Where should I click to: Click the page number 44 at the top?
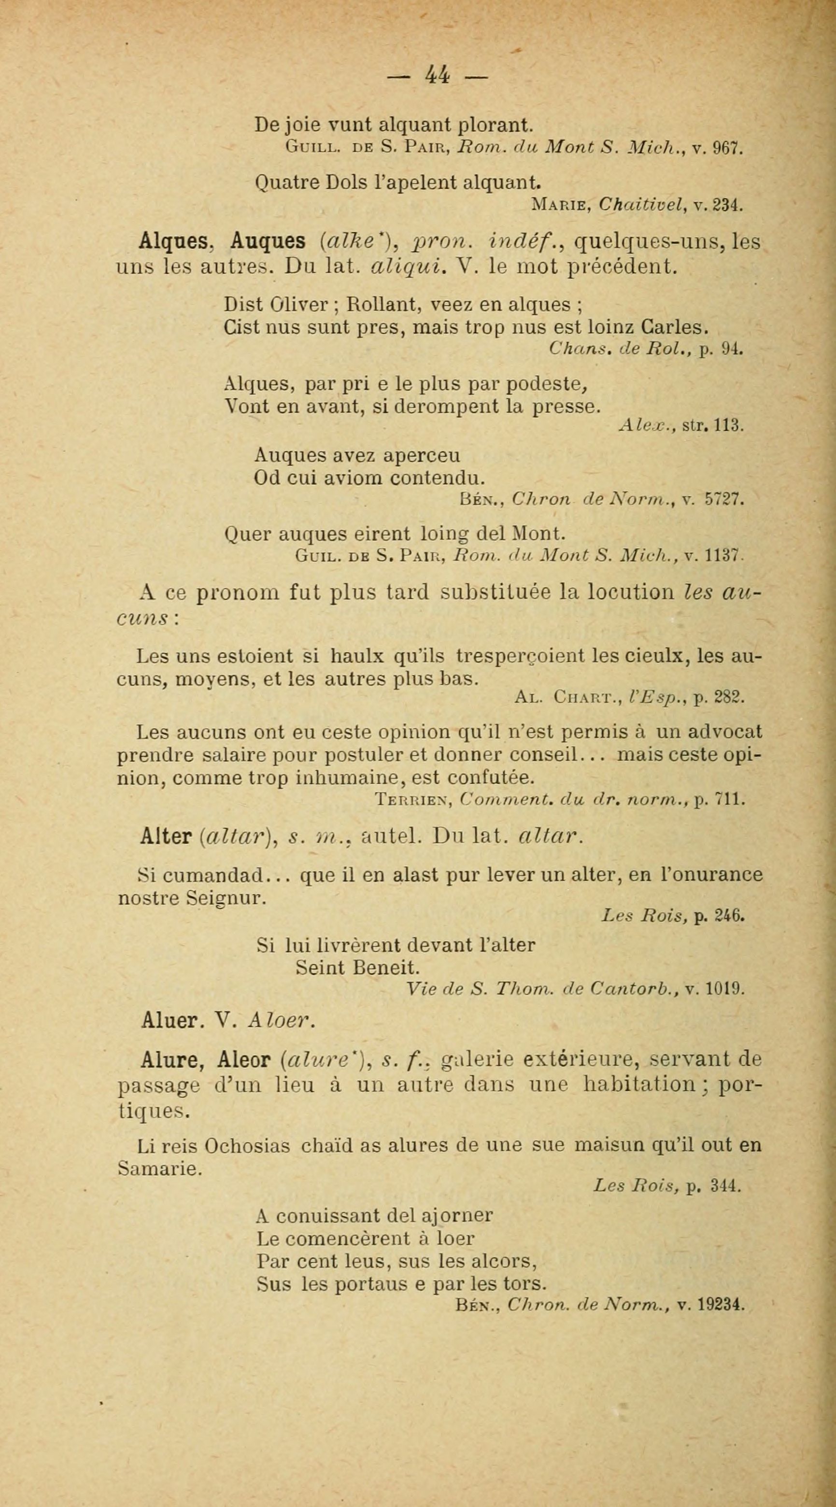pyautogui.click(x=438, y=75)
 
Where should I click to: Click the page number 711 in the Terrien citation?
pyautogui.click(x=731, y=799)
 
